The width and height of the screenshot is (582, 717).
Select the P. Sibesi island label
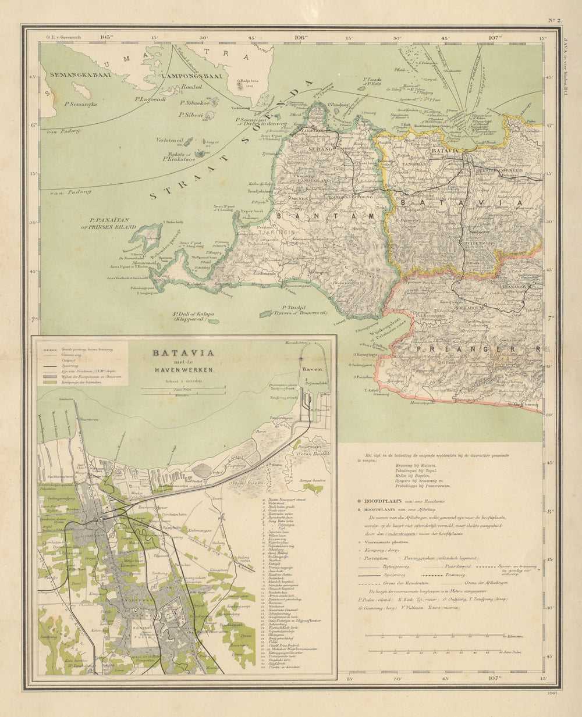191,116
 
